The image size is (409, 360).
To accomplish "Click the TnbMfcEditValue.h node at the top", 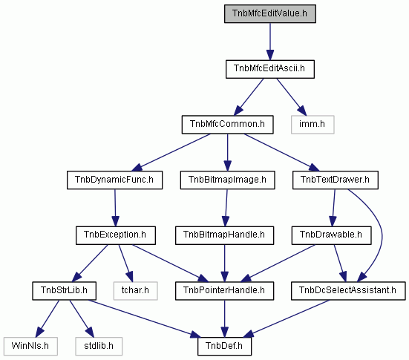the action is coord(270,13).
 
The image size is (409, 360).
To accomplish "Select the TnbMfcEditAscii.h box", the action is coord(270,69).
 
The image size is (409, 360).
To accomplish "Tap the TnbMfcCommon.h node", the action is coord(227,125).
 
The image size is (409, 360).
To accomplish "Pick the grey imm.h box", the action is coord(313,125).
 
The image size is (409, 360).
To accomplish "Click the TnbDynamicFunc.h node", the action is coord(115,180).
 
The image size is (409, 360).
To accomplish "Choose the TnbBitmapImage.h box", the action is coord(227,180).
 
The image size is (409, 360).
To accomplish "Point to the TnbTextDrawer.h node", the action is coord(336,180).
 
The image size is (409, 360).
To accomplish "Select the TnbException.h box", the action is coord(116,235).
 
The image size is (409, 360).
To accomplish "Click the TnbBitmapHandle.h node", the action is coord(224,235).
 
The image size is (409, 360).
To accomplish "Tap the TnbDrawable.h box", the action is coord(331,235).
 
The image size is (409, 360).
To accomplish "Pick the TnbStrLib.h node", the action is coord(64,291).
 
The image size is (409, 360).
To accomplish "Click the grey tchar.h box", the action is coord(135,291).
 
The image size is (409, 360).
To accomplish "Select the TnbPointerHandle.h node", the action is coord(224,291).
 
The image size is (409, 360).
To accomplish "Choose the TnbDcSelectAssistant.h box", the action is coord(348,291).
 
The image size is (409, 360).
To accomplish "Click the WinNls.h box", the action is coord(30,346).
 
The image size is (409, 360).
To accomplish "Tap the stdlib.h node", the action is coord(99,346).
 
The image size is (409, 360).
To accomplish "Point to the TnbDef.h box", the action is coord(224,346).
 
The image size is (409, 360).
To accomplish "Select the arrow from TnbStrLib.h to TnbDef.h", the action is coord(143,318).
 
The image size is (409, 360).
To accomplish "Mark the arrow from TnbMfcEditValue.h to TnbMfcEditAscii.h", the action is coord(270,42).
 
